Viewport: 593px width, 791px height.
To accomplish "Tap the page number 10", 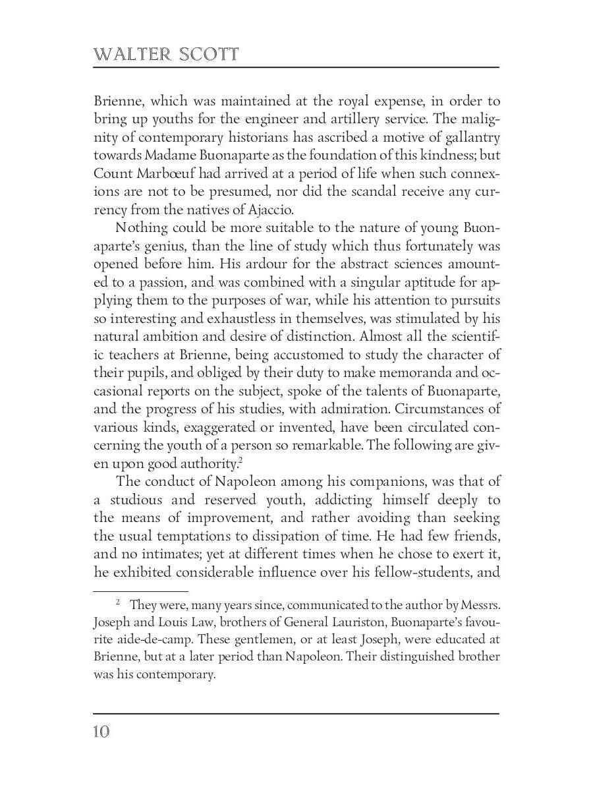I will coord(101,732).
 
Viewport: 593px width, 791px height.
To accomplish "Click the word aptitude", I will coord(418,282).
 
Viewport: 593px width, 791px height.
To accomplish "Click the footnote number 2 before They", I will coord(118,602).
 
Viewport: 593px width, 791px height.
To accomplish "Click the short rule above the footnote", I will coord(140,591).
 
